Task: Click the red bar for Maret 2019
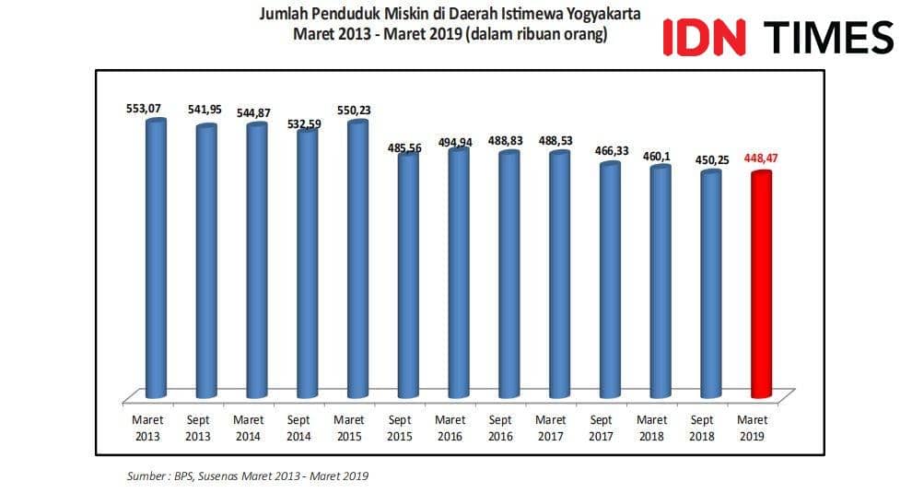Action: coord(761,286)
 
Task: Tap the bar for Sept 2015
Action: coord(408,276)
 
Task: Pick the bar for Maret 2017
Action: coord(559,276)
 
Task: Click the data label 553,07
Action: coord(144,109)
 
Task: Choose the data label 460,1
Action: coord(656,156)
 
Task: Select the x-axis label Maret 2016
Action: coord(450,428)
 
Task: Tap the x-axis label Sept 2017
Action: coord(601,428)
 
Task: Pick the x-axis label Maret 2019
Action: coord(753,428)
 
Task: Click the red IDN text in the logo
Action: coord(704,37)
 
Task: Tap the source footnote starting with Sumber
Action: coord(248,476)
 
